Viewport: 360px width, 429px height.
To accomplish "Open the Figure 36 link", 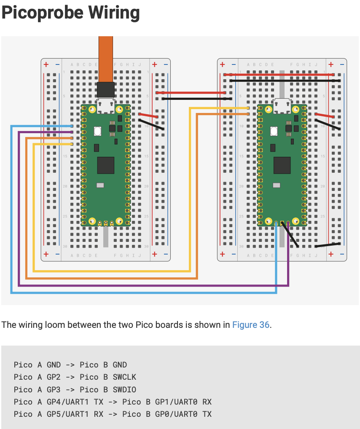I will click(250, 325).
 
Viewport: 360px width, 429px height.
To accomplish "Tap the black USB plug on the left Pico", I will click(105, 90).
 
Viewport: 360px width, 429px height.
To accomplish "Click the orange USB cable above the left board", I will click(105, 59).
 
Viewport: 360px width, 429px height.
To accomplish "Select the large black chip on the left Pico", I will click(105, 165).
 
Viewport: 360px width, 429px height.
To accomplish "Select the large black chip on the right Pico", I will click(282, 165).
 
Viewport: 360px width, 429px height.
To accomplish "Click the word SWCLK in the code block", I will click(124, 377).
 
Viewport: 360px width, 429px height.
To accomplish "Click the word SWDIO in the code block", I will click(124, 389).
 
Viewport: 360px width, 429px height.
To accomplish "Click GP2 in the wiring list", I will click(54, 377).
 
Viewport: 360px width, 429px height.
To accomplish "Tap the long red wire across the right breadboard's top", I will click(282, 75).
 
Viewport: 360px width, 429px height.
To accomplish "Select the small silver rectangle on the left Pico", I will click(100, 185).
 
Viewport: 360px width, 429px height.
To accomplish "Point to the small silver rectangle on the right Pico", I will click(277, 185).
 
